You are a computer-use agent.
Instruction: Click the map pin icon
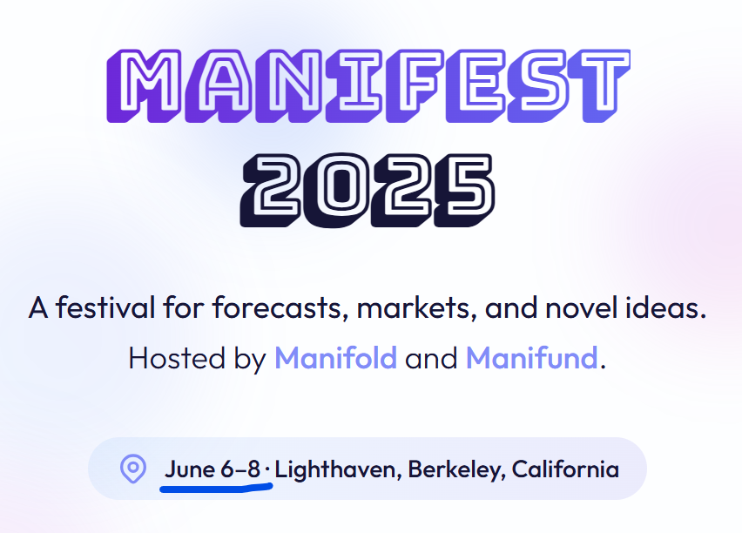[x=133, y=469]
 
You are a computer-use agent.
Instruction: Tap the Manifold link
[x=335, y=358]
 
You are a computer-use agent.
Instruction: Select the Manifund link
[x=532, y=358]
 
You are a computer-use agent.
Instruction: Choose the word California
[x=565, y=469]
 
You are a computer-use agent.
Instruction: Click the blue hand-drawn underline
[x=216, y=487]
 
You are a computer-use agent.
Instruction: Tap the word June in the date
[x=189, y=469]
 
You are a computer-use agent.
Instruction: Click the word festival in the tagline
[x=105, y=307]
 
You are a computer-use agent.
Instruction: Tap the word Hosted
[x=177, y=358]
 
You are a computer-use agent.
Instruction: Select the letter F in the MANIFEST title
[x=415, y=85]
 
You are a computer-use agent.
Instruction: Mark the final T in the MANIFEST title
[x=599, y=85]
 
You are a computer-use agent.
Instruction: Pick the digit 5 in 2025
[x=464, y=190]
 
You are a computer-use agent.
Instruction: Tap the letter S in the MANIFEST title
[x=538, y=85]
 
